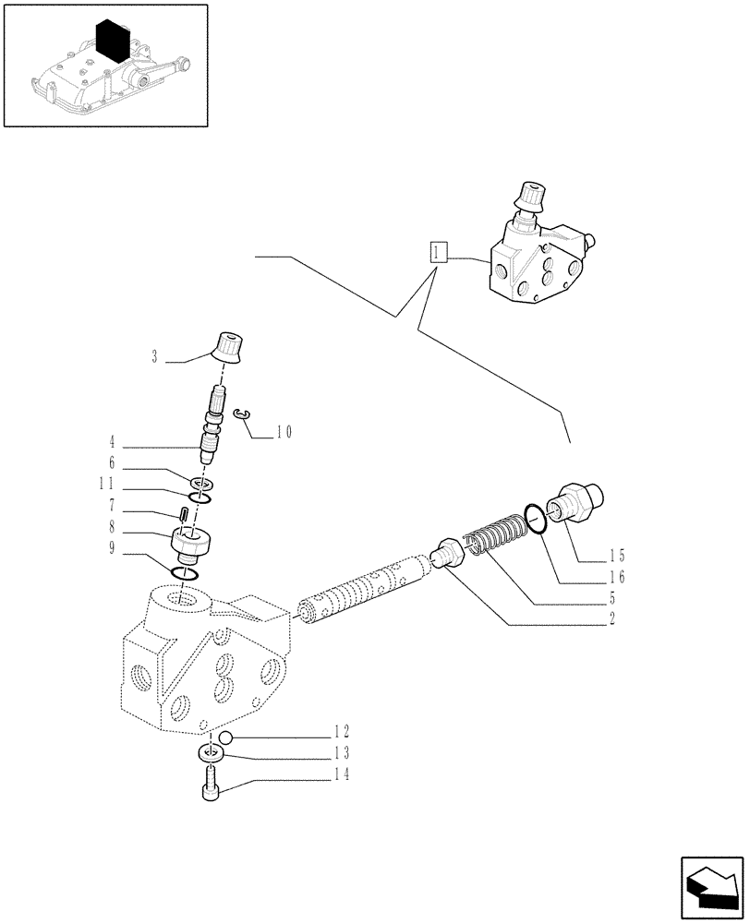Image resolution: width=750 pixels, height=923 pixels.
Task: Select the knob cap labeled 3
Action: (x=228, y=345)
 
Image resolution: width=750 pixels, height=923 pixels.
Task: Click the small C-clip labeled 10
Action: (x=242, y=417)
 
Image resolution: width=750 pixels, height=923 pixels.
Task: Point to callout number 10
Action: (x=283, y=431)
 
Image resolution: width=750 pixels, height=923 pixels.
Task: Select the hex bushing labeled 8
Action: (x=193, y=545)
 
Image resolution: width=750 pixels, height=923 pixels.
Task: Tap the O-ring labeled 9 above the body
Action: (x=187, y=574)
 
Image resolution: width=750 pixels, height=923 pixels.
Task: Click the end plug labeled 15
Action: (x=575, y=501)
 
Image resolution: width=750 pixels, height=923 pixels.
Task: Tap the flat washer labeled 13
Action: (x=211, y=755)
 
